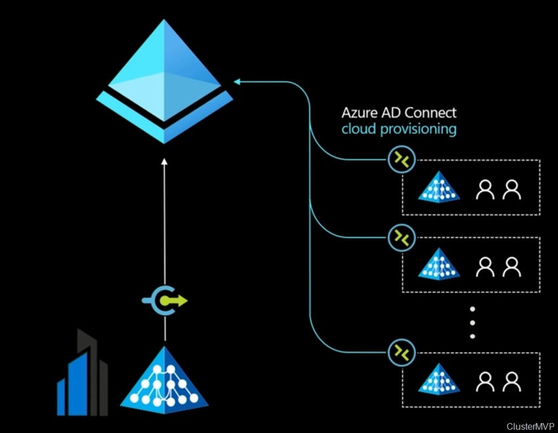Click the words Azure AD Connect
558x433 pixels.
(399, 112)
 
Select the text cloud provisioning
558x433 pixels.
(399, 129)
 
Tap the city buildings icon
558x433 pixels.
(81, 374)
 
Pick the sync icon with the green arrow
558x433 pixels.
(165, 301)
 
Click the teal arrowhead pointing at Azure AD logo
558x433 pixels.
(238, 82)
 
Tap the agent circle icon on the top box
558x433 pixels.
(400, 160)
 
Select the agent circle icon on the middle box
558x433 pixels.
(400, 237)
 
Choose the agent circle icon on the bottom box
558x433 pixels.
(400, 352)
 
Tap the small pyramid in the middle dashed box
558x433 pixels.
(434, 264)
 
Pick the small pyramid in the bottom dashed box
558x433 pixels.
(434, 379)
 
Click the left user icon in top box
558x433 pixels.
(485, 190)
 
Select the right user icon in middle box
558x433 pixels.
(511, 266)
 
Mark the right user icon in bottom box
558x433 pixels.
(511, 381)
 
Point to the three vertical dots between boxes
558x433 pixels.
(472, 321)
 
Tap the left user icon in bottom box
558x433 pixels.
(485, 381)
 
